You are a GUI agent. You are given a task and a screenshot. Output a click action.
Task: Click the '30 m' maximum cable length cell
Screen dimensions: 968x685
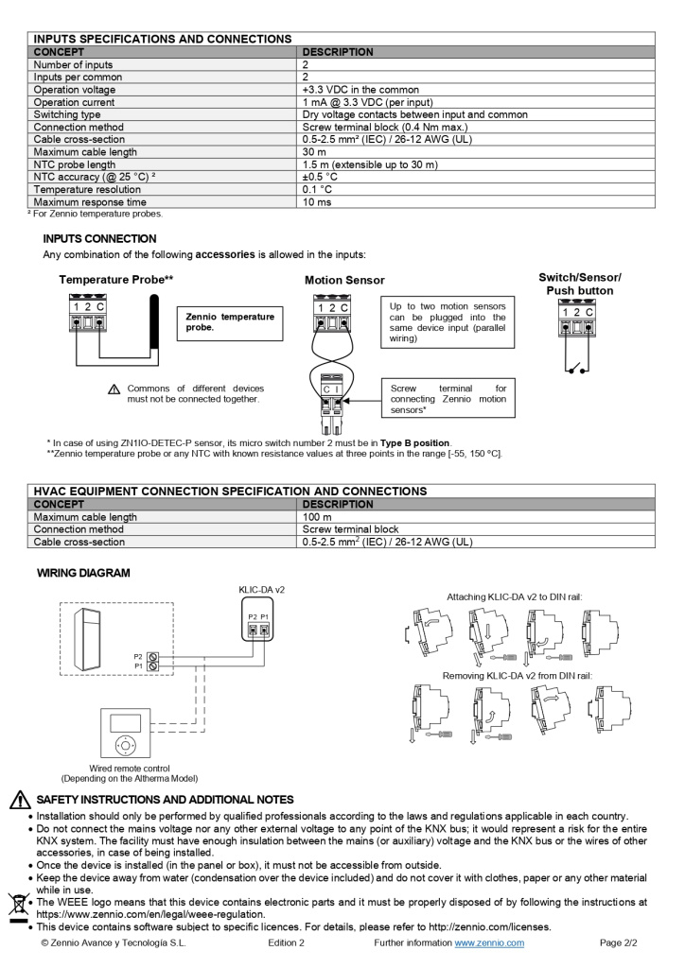coord(314,151)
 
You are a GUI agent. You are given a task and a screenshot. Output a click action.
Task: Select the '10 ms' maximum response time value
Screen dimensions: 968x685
coord(316,201)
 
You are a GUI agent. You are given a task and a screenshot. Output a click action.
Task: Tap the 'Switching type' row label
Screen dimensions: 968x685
coord(67,114)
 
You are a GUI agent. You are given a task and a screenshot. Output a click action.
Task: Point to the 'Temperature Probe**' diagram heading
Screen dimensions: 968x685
coord(115,280)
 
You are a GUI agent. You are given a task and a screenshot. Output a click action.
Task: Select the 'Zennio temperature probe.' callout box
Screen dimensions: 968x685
coord(230,321)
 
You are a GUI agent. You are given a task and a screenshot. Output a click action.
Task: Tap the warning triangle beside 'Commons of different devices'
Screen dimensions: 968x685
coord(114,389)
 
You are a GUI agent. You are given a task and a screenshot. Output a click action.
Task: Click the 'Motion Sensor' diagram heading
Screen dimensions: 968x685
coord(344,281)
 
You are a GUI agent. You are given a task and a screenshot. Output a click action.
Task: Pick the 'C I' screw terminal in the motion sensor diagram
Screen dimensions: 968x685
coord(331,389)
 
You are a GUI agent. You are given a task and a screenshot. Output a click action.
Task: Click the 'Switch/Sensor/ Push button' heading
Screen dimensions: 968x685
coord(579,284)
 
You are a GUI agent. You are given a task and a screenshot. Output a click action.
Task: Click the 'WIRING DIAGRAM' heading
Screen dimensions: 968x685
coord(83,573)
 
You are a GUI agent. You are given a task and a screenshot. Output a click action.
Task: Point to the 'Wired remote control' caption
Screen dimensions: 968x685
coord(130,769)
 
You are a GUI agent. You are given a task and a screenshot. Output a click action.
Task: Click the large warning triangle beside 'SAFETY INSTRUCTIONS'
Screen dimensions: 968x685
coord(20,800)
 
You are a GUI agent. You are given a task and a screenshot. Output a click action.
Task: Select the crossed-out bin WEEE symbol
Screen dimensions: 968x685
coord(16,905)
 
